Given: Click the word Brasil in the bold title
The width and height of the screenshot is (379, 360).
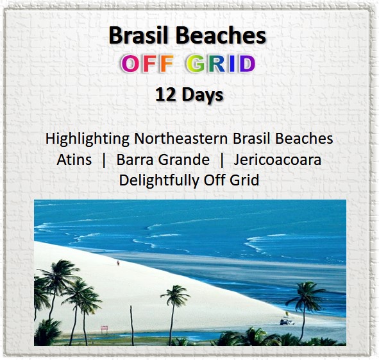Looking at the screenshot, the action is coord(139,35).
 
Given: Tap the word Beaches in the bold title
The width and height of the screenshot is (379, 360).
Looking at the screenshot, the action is coord(221,35).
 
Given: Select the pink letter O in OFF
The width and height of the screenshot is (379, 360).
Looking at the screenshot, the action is coord(131,64).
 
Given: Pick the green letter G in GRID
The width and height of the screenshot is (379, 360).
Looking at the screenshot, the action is coord(196,64).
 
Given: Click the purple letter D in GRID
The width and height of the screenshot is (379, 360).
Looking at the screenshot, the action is coord(246,64).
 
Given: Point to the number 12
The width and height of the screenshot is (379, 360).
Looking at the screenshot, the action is coord(165,94).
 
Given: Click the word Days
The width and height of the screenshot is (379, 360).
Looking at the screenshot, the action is coord(203,96).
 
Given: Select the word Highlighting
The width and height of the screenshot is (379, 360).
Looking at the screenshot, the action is coord(87,139).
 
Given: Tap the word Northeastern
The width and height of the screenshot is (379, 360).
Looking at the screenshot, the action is coord(181,139).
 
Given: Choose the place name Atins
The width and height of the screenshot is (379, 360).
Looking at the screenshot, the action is coord(74,160).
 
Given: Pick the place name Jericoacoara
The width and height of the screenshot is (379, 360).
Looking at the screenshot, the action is coord(277,160).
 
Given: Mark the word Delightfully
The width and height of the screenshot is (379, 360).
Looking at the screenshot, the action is coord(159,180).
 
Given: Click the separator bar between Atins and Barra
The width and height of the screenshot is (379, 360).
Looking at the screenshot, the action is coord(104,160).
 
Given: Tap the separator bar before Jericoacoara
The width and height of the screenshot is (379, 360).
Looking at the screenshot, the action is coord(222,160).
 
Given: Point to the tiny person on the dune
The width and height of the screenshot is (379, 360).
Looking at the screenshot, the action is coord(118,263).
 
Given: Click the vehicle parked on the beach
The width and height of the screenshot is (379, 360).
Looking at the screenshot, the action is coord(287,321).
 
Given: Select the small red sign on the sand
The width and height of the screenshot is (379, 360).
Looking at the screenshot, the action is coord(104,329).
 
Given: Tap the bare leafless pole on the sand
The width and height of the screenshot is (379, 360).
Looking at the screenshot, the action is coord(132,325).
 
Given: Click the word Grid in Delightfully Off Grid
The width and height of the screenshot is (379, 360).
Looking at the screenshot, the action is coord(244,180).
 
